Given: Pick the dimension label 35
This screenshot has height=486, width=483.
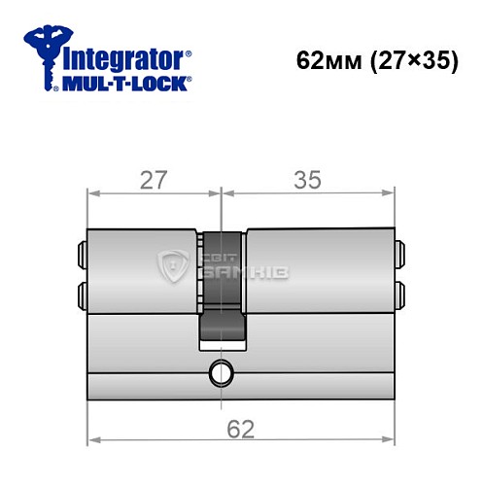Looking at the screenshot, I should tap(308, 179).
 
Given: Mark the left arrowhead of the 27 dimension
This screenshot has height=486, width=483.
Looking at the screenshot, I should tap(92, 193).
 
